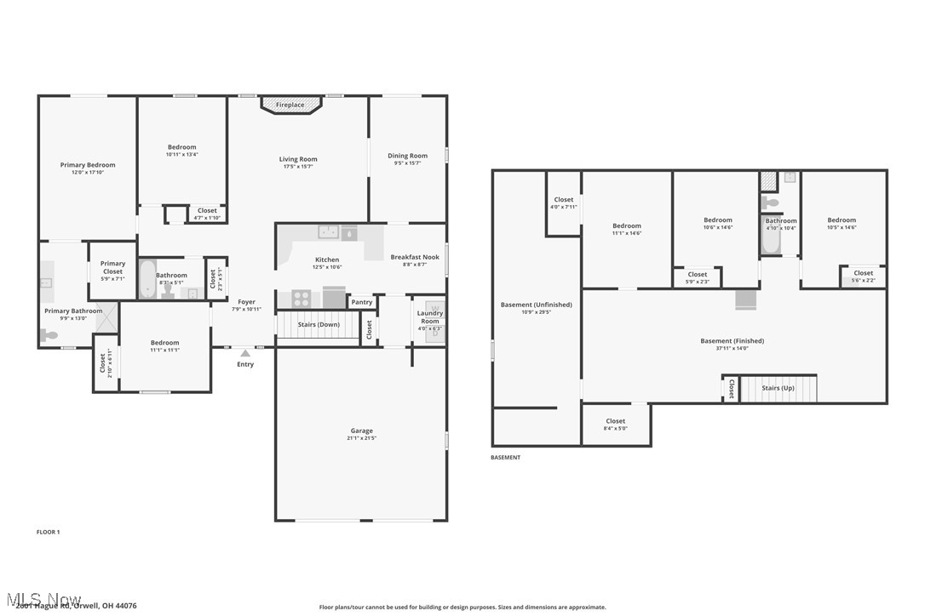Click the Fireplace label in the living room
tap(290, 105)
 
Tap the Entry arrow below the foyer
tap(245, 352)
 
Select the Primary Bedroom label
tap(88, 165)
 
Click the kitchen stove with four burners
tap(302, 298)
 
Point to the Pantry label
tap(362, 302)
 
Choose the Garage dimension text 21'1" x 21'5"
tap(361, 439)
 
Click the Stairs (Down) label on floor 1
tap(319, 324)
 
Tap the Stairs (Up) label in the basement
tap(778, 388)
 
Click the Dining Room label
tap(407, 156)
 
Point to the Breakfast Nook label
tap(415, 257)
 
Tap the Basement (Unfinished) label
tap(536, 305)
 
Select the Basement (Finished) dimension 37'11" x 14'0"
tap(732, 348)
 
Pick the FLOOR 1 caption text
tap(48, 532)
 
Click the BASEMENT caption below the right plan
tap(505, 458)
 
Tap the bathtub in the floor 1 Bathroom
tap(147, 279)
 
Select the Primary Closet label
tap(112, 267)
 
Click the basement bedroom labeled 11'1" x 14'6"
tap(627, 230)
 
